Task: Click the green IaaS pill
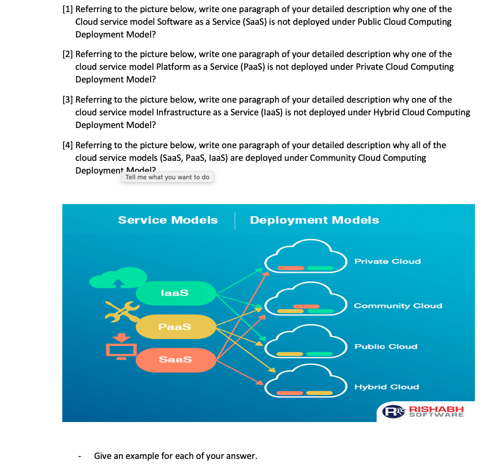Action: click(175, 292)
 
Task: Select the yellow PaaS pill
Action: click(175, 326)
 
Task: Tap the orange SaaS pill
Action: click(175, 359)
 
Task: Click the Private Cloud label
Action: click(387, 261)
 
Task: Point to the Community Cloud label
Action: click(398, 306)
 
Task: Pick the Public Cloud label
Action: click(385, 347)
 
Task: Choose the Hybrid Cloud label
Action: click(386, 387)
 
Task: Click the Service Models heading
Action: click(168, 220)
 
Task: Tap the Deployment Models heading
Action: click(314, 220)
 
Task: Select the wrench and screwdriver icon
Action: click(121, 312)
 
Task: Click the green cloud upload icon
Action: click(117, 279)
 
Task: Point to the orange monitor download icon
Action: click(121, 345)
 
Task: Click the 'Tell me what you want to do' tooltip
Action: click(167, 177)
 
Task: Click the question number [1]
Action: click(68, 9)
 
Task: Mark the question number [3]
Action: click(68, 100)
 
